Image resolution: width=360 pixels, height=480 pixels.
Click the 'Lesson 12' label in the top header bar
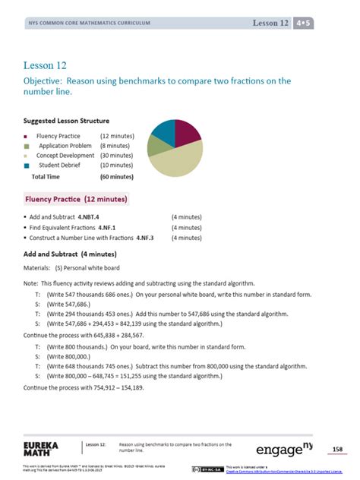270,24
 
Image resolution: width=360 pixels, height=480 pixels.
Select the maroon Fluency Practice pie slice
187,133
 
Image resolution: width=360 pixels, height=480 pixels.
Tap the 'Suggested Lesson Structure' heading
66,121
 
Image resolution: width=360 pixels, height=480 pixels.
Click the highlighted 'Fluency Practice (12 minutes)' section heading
76,199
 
